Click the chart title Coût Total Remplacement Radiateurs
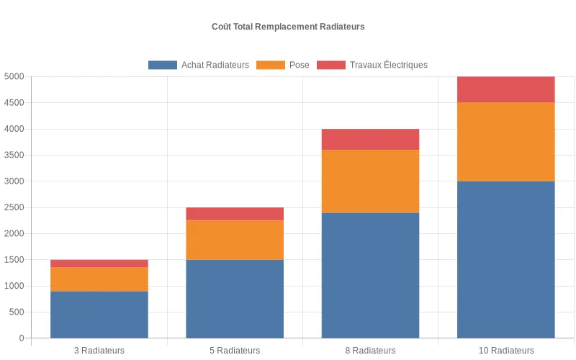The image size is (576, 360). click(x=288, y=27)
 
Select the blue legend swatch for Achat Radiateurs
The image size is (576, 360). click(x=162, y=65)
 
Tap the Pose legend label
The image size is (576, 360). click(x=299, y=65)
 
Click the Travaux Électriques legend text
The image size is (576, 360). click(x=388, y=65)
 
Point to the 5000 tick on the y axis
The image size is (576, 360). click(x=14, y=77)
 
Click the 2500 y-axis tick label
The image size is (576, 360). click(x=14, y=207)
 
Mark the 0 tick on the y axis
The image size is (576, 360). click(x=22, y=338)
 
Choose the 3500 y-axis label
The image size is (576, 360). click(x=14, y=156)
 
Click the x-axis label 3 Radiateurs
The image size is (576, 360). click(x=99, y=351)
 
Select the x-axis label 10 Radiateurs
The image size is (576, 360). click(x=506, y=351)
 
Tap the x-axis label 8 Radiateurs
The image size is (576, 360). click(x=370, y=351)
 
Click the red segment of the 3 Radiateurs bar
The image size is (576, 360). click(x=99, y=264)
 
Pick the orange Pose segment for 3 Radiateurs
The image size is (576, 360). click(x=99, y=279)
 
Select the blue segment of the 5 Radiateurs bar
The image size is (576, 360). click(x=235, y=299)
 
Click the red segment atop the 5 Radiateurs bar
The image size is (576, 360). click(x=235, y=214)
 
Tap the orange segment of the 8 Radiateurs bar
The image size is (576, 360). click(x=370, y=181)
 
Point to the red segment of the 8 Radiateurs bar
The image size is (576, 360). click(x=370, y=140)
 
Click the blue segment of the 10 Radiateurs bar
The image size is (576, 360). click(x=506, y=259)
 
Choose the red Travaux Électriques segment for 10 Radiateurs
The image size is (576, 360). click(x=506, y=90)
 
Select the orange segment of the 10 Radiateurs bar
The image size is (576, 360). click(x=506, y=142)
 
